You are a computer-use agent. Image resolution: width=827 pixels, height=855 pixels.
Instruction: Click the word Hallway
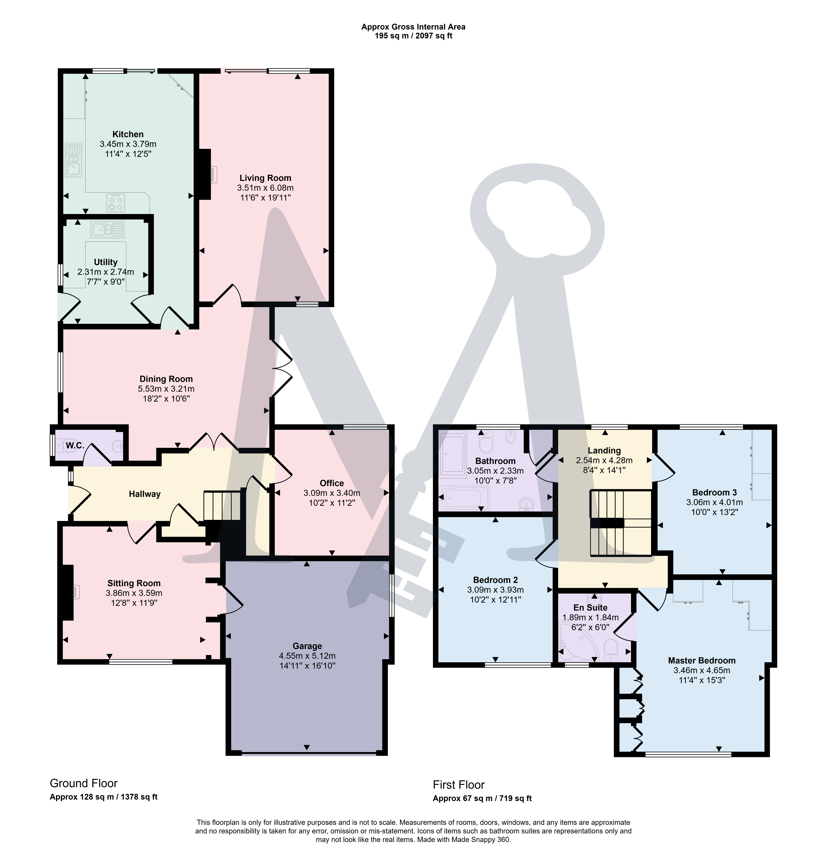click(144, 494)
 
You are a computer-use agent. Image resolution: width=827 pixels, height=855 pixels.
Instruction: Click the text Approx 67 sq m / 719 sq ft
click(482, 798)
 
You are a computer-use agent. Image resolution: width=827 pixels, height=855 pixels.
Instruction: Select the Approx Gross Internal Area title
click(413, 27)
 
